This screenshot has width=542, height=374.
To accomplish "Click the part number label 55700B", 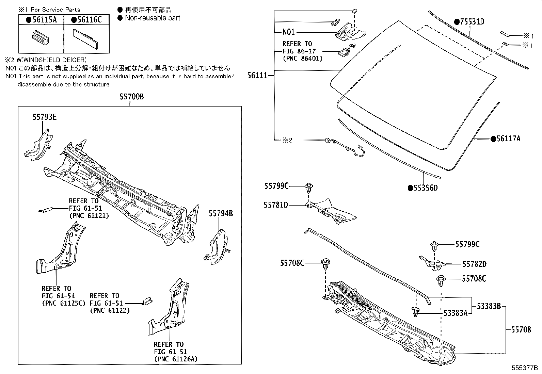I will pyautogui.click(x=131, y=97).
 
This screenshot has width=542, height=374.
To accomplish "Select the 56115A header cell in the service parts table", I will pyautogui.click(x=41, y=20).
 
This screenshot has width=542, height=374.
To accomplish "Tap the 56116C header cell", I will pyautogui.click(x=86, y=20).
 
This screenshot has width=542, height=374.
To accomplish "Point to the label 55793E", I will pyautogui.click(x=44, y=117).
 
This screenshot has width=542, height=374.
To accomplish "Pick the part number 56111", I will pyautogui.click(x=257, y=76).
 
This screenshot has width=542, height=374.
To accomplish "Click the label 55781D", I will pyautogui.click(x=275, y=205).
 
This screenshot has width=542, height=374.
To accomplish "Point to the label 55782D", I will pyautogui.click(x=474, y=264).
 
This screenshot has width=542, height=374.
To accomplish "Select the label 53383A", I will pyautogui.click(x=455, y=313).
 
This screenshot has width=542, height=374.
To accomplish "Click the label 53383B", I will pyautogui.click(x=488, y=306).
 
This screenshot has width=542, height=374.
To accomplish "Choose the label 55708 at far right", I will pyautogui.click(x=521, y=329).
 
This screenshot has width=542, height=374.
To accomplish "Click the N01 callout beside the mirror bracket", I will pyautogui.click(x=288, y=32).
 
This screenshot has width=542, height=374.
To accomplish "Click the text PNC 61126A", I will pyautogui.click(x=175, y=359).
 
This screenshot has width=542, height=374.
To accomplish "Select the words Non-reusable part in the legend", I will pyautogui.click(x=152, y=18).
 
